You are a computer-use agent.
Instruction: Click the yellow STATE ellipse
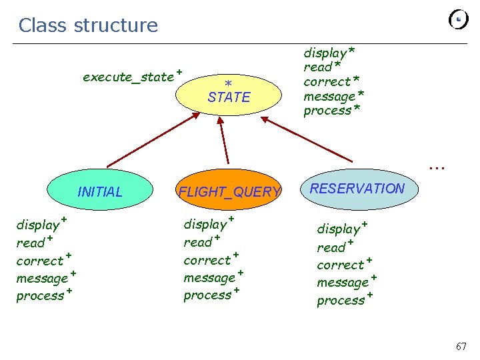(229, 93)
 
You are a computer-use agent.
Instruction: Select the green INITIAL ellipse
(100, 192)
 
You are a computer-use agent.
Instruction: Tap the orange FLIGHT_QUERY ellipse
(229, 191)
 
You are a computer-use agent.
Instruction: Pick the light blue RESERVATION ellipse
(357, 189)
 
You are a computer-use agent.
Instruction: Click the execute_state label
(128, 77)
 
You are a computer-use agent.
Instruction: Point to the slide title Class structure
(88, 25)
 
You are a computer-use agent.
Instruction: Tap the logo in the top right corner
(459, 20)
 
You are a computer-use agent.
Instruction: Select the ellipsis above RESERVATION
(437, 167)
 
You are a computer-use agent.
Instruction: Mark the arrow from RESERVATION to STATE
(307, 140)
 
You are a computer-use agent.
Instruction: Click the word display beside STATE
(325, 53)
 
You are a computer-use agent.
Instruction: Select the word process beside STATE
(327, 111)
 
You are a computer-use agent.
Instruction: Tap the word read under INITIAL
(31, 243)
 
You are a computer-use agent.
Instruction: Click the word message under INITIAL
(42, 279)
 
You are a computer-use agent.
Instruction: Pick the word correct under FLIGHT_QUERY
(207, 260)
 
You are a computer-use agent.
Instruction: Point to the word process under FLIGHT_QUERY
(207, 295)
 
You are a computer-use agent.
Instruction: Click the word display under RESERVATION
(339, 229)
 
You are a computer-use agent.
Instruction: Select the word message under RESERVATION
(343, 283)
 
